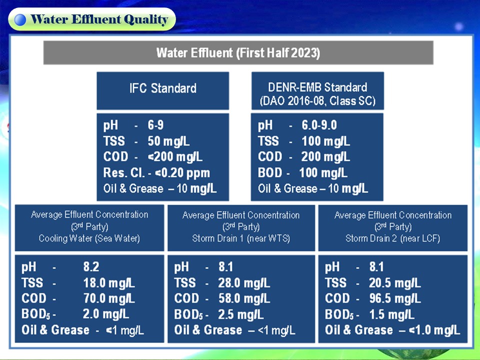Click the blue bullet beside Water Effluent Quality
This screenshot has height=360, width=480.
20,19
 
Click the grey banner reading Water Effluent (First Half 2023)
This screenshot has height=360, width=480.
238,52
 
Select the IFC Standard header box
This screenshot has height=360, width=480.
163,90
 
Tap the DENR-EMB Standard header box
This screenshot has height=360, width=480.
317,90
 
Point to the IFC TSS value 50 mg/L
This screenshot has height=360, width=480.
168,141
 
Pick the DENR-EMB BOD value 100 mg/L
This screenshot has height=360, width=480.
323,173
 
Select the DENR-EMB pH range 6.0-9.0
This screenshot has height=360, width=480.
319,125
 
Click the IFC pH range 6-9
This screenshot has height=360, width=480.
155,125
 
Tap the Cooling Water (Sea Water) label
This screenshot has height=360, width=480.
89,238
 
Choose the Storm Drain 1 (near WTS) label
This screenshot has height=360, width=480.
241,238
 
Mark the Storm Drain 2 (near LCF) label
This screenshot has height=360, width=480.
393,238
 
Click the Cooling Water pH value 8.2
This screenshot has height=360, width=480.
91,267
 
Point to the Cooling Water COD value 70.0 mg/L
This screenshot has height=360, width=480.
109,298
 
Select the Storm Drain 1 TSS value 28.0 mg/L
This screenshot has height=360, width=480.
244,283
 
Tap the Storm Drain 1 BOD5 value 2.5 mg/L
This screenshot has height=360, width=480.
240,314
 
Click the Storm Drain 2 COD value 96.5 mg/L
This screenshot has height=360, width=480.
395,298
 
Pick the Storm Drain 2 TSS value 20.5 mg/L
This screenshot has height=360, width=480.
395,283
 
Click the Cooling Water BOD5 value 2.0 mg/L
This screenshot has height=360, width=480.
106,314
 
